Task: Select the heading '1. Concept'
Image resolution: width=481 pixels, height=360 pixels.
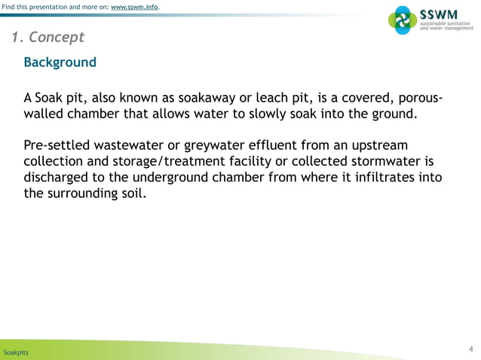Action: [47, 38]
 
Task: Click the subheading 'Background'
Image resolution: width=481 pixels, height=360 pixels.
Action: [60, 62]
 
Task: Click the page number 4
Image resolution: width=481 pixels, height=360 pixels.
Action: [470, 348]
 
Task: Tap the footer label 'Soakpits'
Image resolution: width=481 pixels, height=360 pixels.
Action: [16, 352]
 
